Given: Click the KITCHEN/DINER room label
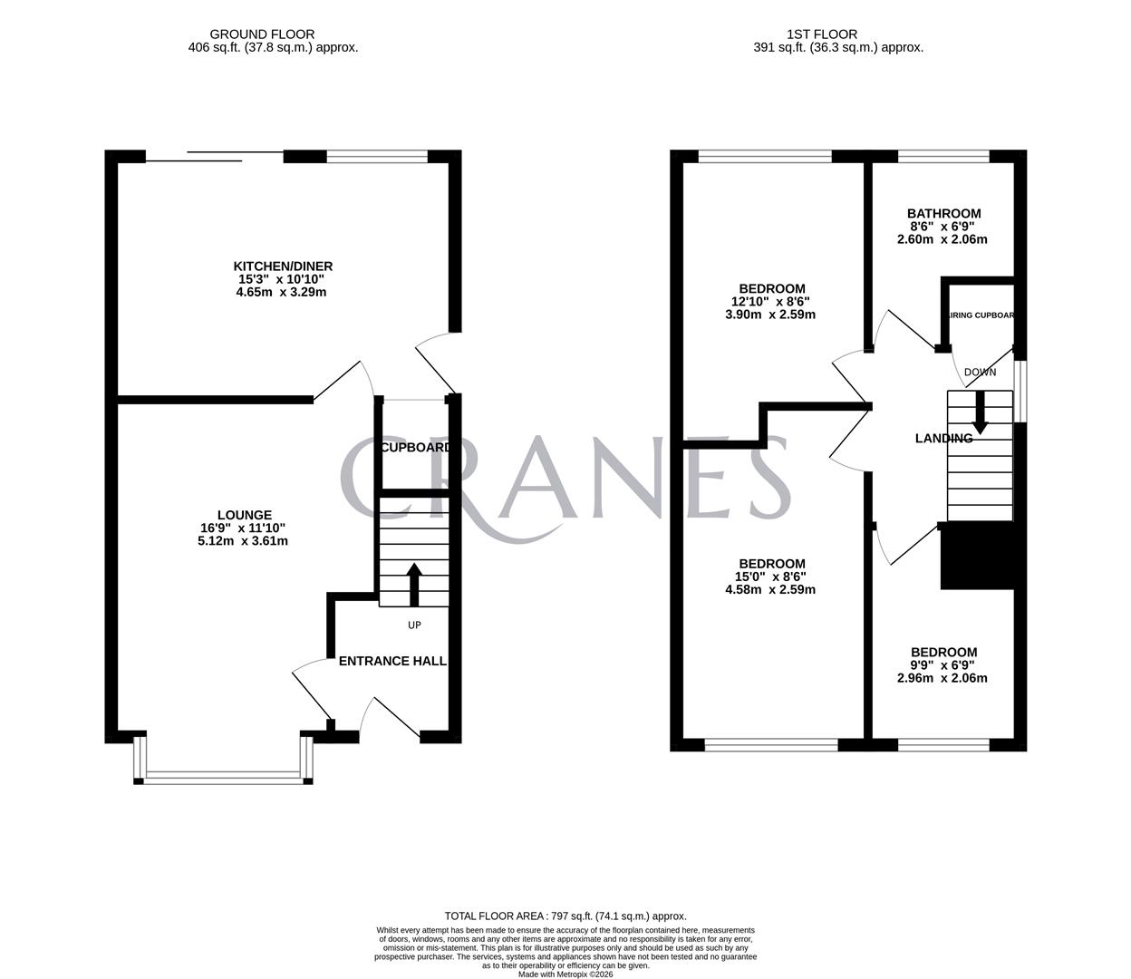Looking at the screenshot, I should pos(283,266).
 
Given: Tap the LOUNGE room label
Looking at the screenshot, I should pos(244,515).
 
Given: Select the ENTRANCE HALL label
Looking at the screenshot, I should pos(392,661).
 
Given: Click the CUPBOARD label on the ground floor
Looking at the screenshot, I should pos(416,448).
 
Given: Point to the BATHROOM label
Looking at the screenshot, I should pos(943,214).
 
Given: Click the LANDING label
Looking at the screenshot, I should pos(943,439).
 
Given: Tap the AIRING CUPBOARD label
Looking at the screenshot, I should pos(981,315).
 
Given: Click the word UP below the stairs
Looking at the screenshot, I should pos(414,625).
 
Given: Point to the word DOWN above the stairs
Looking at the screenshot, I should pos(980,372).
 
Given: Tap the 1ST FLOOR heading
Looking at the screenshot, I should pos(838,34).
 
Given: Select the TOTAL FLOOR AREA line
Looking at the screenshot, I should pos(565,916).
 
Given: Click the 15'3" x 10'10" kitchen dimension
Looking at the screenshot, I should pos(283,279).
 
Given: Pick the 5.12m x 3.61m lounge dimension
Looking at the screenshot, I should pos(244,541).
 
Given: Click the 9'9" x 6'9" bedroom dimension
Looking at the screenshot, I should pos(943,665).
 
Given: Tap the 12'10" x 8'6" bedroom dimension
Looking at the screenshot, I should pos(770,302).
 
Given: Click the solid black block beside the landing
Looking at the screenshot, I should pos(977,556).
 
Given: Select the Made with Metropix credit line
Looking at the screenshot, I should pos(565,974).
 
